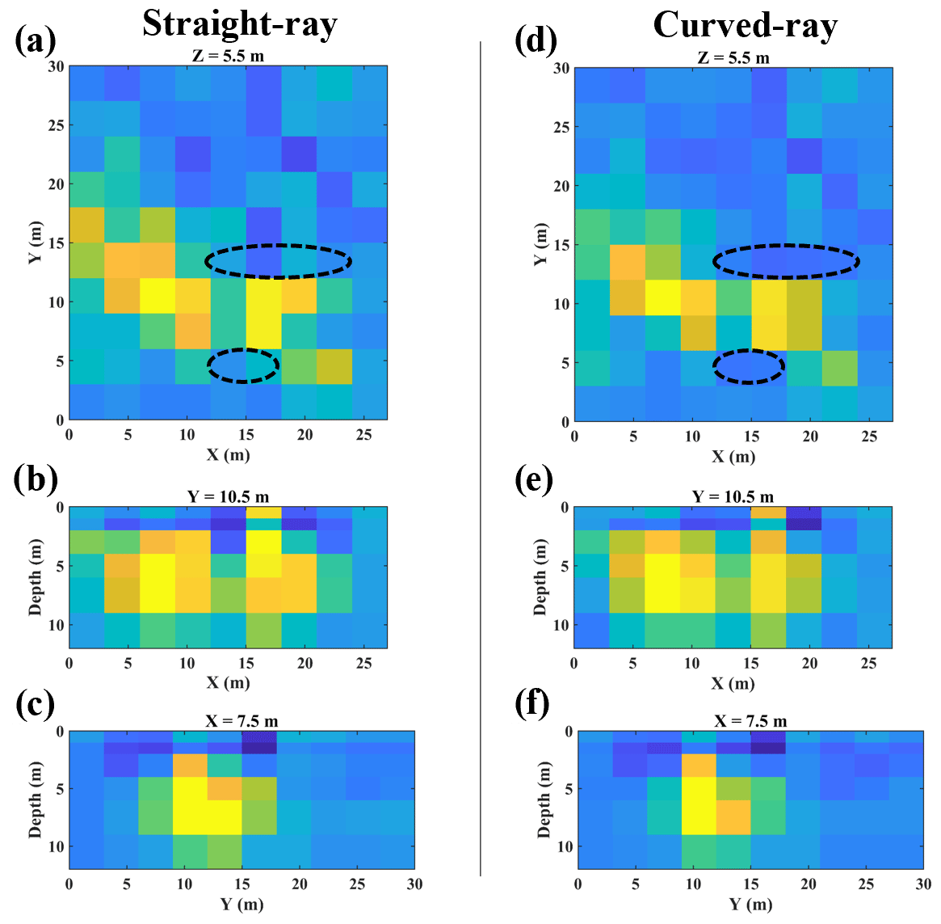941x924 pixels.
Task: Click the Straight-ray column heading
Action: point(240,24)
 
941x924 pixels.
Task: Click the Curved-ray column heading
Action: point(745,24)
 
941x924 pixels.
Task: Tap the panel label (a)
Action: point(36,39)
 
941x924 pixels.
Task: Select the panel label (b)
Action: point(36,479)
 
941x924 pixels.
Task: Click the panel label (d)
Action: point(536,40)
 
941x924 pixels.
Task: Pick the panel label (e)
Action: point(535,479)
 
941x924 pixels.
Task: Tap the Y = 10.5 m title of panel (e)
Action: point(733,496)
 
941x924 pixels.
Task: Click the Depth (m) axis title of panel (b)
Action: point(35,577)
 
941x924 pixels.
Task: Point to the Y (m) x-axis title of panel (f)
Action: point(751,904)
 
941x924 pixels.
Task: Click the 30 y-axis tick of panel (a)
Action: point(55,66)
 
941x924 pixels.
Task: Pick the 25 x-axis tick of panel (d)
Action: point(869,437)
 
